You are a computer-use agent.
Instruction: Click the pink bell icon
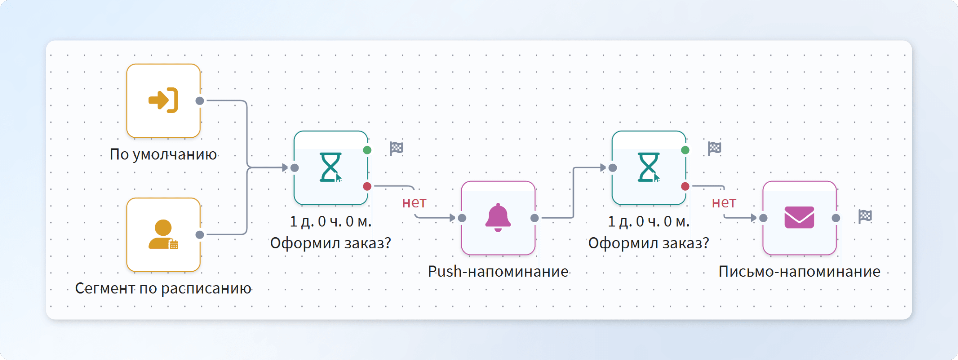point(498,218)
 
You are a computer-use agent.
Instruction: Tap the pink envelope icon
point(799,218)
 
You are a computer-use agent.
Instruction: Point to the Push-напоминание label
point(498,272)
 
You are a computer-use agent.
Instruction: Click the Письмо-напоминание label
point(799,272)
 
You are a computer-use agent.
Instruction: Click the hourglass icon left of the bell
point(330,167)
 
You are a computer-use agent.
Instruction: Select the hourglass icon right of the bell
point(649,167)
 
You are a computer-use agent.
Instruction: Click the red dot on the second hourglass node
point(685,186)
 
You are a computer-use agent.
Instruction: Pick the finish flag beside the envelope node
point(865,216)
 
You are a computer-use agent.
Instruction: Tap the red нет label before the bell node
point(414,203)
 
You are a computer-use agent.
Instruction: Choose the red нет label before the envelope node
point(724,203)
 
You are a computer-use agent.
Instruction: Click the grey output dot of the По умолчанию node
point(200,100)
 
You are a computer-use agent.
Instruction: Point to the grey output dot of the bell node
point(534,218)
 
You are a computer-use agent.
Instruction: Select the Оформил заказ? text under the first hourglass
point(330,243)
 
